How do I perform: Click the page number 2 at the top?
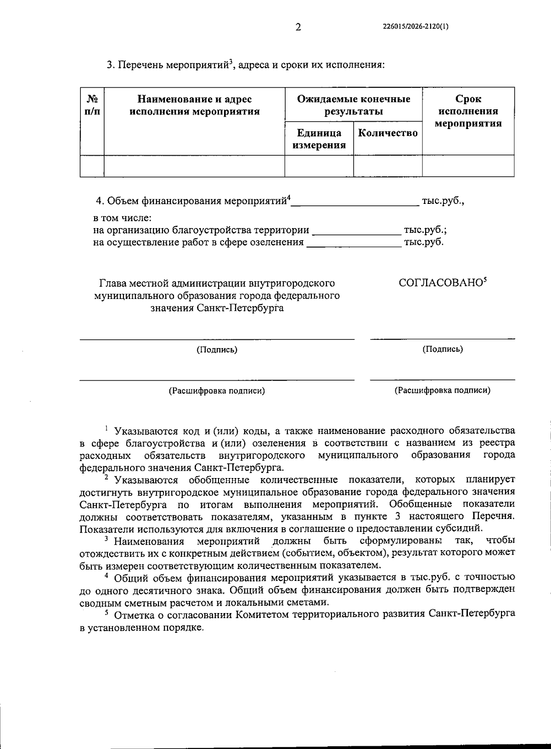298,28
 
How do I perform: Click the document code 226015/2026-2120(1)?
415,27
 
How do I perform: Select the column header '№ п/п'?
92,105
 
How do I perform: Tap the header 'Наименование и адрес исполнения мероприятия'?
195,105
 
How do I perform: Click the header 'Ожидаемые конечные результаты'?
354,105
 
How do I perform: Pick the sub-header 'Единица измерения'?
319,139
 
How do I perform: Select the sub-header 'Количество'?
388,133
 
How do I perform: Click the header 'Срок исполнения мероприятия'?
468,111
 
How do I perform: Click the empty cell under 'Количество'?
388,166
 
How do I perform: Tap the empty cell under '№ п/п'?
92,166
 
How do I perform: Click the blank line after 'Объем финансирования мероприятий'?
355,203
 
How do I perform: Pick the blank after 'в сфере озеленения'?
354,243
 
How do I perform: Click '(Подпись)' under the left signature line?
217,350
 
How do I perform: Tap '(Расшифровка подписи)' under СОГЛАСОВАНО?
442,391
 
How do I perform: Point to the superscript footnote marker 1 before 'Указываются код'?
106,428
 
